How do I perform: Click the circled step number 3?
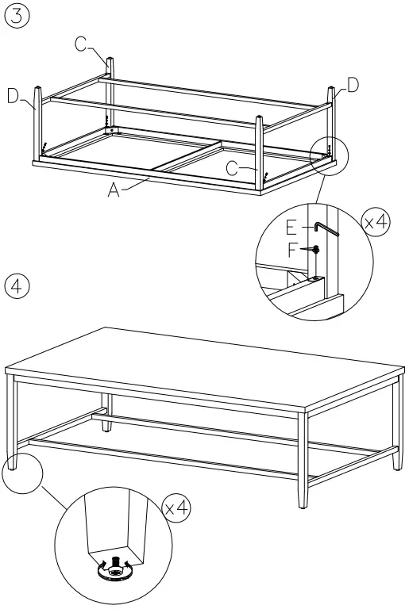[x=16, y=15]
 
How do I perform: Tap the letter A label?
[x=115, y=191]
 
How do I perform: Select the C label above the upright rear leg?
[x=82, y=45]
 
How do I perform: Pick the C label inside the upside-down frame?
[x=231, y=167]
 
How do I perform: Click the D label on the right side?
[x=352, y=85]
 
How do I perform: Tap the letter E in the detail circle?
[x=291, y=228]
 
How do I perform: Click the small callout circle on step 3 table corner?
[x=329, y=151]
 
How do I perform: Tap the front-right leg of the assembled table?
[x=301, y=460]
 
